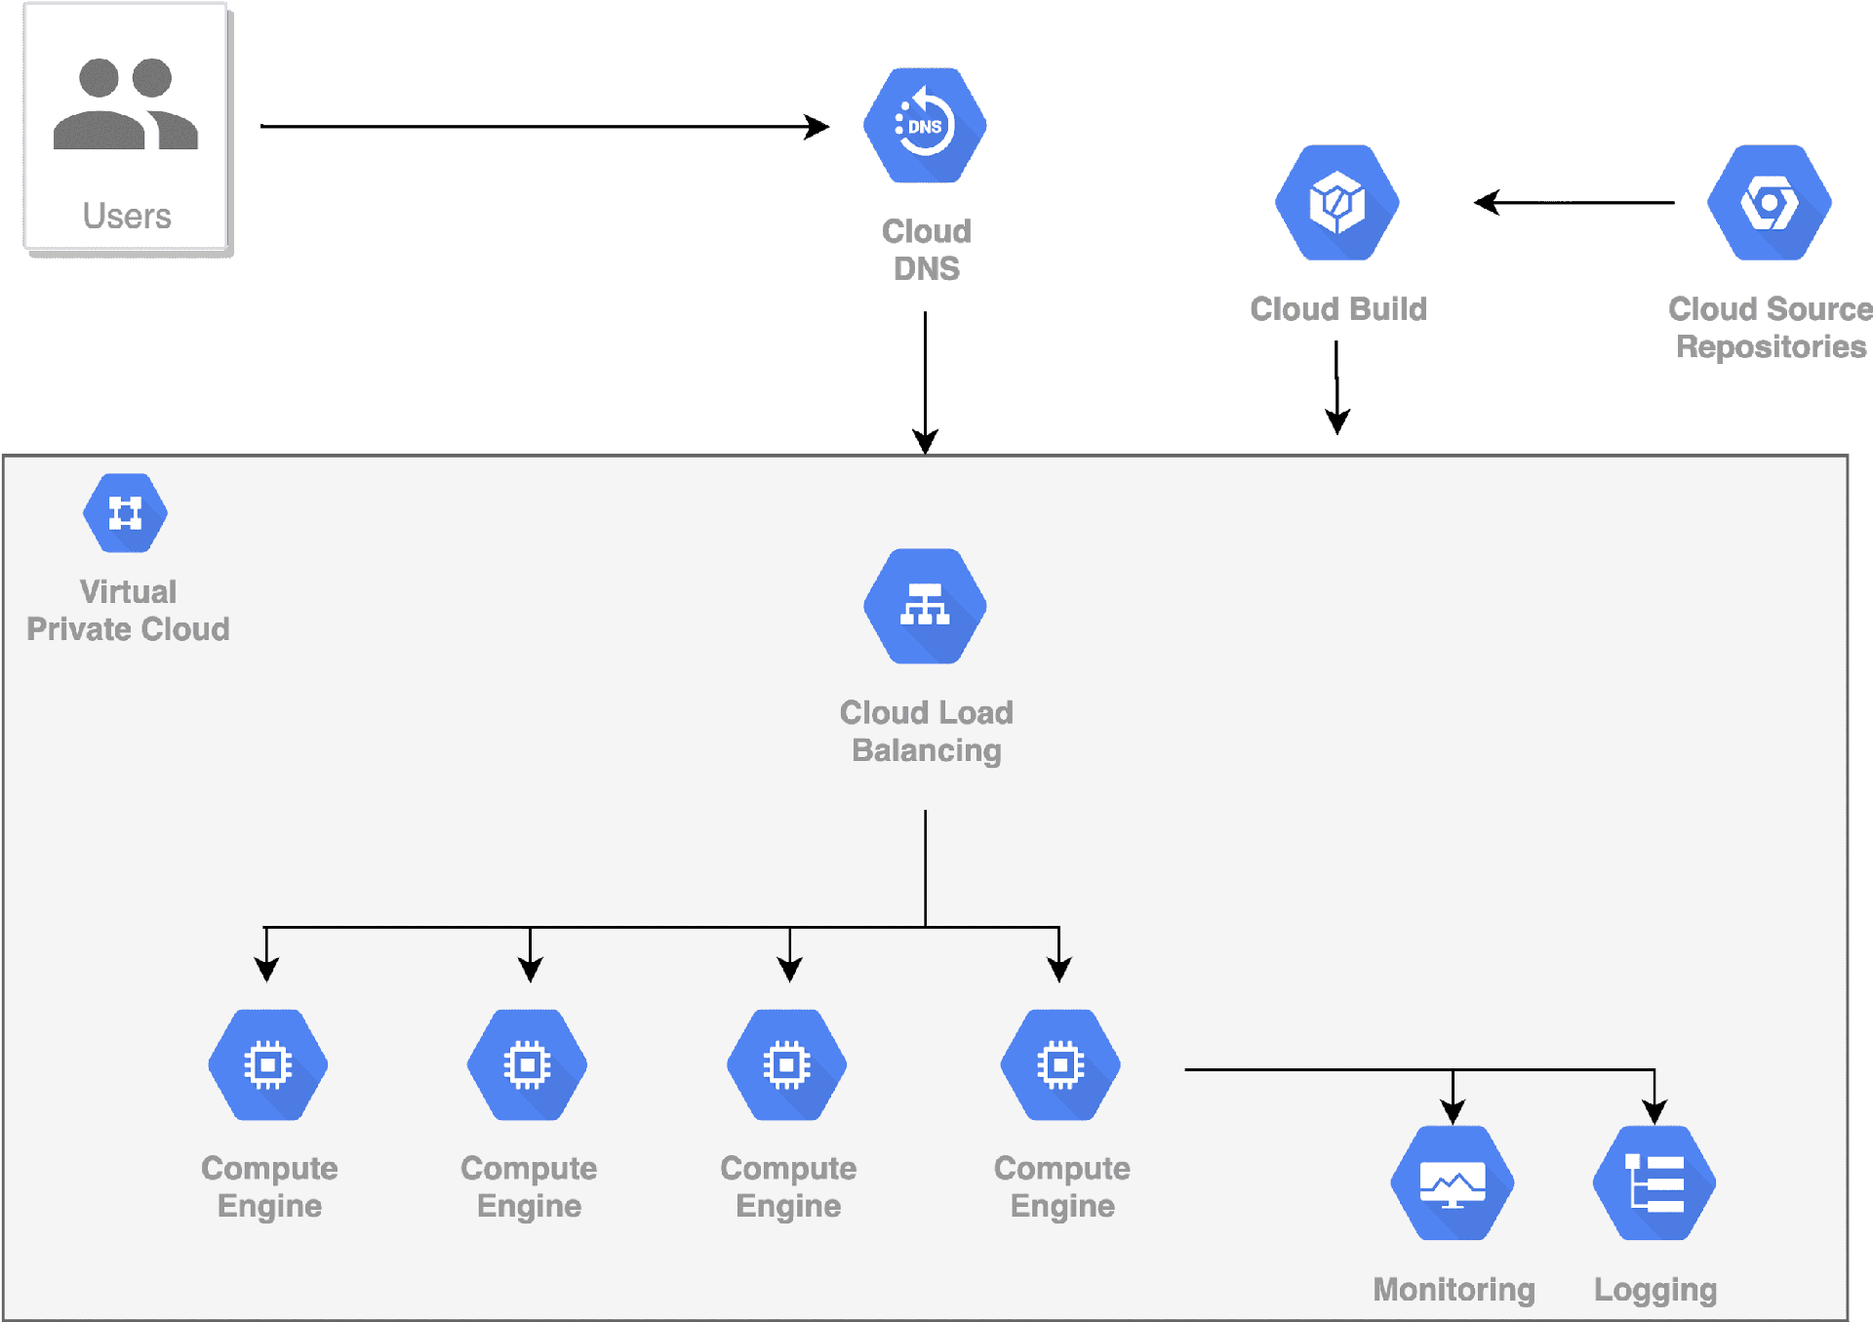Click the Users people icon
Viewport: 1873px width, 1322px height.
tap(126, 103)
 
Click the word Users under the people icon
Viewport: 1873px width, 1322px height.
tap(127, 216)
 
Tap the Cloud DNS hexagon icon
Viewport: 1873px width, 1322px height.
tap(925, 125)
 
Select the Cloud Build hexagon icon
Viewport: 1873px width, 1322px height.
tap(1337, 203)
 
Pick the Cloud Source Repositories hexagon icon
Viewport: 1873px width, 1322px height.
tap(1770, 203)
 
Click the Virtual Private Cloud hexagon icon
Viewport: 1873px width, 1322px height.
tap(125, 513)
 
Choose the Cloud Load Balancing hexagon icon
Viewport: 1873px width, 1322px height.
tap(925, 606)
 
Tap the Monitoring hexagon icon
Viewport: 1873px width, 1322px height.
tap(1453, 1182)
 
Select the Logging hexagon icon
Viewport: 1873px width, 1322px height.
tap(1654, 1182)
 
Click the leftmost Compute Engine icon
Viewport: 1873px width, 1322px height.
tap(268, 1064)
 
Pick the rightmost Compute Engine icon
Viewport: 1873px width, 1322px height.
tap(1060, 1064)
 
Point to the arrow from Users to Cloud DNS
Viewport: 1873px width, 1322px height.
tap(544, 126)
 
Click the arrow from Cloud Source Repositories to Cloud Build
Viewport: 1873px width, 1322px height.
tap(1574, 203)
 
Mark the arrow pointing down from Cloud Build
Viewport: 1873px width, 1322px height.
tap(1337, 387)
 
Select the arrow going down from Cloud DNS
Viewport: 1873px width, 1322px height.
tap(925, 382)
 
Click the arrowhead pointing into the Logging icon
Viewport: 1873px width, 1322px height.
tap(1654, 1112)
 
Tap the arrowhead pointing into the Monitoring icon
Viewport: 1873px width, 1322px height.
tap(1453, 1112)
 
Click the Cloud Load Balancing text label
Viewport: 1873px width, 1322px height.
tap(927, 732)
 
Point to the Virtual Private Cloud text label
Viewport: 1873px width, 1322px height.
tap(128, 611)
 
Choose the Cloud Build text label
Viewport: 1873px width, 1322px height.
tap(1338, 309)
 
